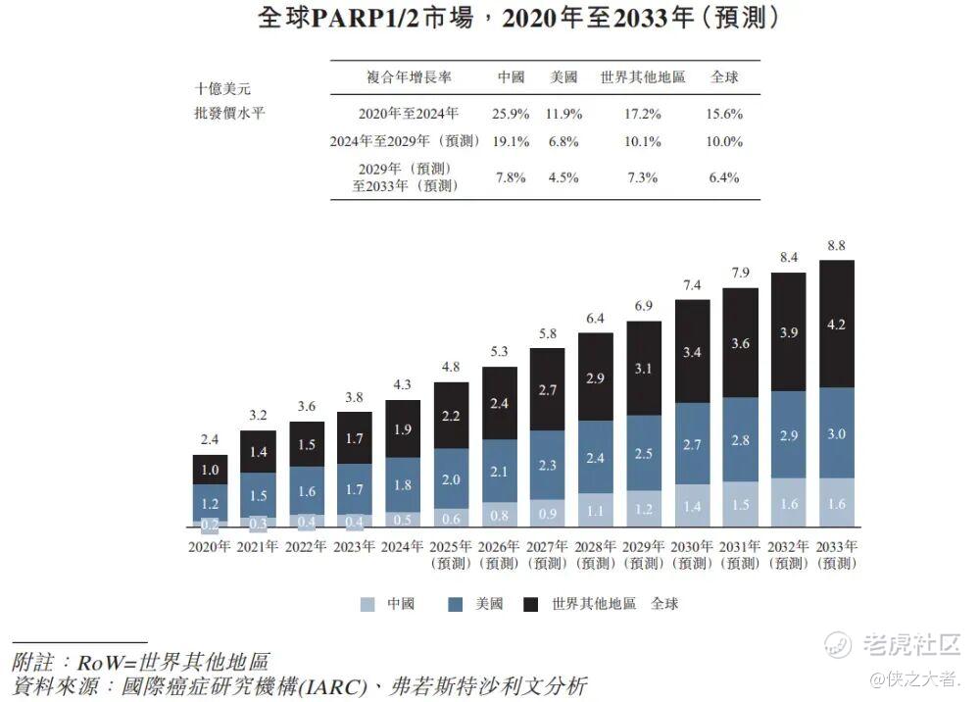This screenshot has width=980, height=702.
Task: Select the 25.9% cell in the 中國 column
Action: click(510, 114)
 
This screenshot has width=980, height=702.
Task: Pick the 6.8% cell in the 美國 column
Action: click(563, 141)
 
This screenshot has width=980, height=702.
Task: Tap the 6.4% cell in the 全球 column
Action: click(723, 177)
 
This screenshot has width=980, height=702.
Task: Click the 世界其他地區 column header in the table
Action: click(642, 77)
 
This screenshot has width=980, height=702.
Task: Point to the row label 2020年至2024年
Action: click(408, 114)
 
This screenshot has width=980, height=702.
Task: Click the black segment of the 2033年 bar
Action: click(837, 324)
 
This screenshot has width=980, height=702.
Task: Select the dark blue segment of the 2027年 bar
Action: click(547, 465)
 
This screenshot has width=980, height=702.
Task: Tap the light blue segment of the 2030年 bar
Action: click(692, 505)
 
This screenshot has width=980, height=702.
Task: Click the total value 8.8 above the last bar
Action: click(837, 247)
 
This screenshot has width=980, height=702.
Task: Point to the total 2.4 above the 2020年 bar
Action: click(210, 441)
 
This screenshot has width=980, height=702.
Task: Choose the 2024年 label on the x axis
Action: click(403, 547)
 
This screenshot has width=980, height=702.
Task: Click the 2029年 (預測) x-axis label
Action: click(644, 555)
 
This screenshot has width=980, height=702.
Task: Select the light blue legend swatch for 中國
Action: click(367, 605)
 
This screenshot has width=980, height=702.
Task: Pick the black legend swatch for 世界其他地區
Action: click(533, 605)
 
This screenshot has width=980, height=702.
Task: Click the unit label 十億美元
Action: click(222, 88)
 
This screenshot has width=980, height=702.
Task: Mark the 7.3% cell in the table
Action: click(642, 177)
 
